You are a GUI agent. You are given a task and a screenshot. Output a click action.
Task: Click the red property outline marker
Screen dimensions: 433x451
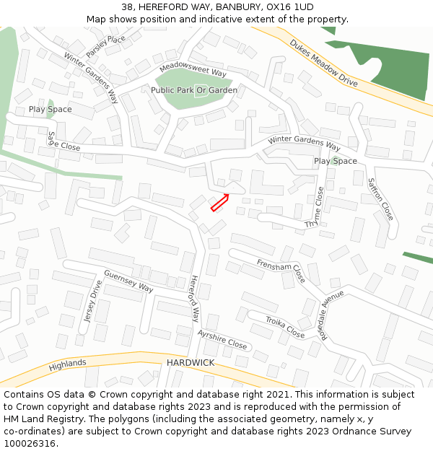[x=220, y=203]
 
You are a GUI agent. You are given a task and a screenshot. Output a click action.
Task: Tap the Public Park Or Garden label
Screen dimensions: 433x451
[x=193, y=90]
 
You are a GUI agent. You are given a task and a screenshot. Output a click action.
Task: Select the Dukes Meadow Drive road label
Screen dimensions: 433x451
[x=324, y=63]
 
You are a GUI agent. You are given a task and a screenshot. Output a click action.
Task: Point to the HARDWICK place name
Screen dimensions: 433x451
[x=191, y=362]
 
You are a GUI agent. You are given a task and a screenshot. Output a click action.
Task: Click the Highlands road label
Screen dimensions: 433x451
[x=67, y=365]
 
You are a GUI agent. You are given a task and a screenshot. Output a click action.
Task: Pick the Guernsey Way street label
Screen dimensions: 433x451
[x=128, y=281]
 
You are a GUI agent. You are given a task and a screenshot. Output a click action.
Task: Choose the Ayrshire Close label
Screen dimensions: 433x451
[x=222, y=339]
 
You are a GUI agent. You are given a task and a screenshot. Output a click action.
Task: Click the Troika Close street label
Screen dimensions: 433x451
[x=284, y=327]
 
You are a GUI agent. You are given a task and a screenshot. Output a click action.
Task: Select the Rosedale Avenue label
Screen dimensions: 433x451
[x=333, y=315]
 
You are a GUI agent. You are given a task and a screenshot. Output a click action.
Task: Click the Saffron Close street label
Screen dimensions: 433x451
[x=380, y=199]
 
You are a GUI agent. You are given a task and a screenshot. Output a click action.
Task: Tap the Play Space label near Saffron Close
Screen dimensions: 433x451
[x=335, y=161]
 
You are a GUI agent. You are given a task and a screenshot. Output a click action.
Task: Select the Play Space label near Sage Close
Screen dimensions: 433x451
[x=50, y=109]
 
